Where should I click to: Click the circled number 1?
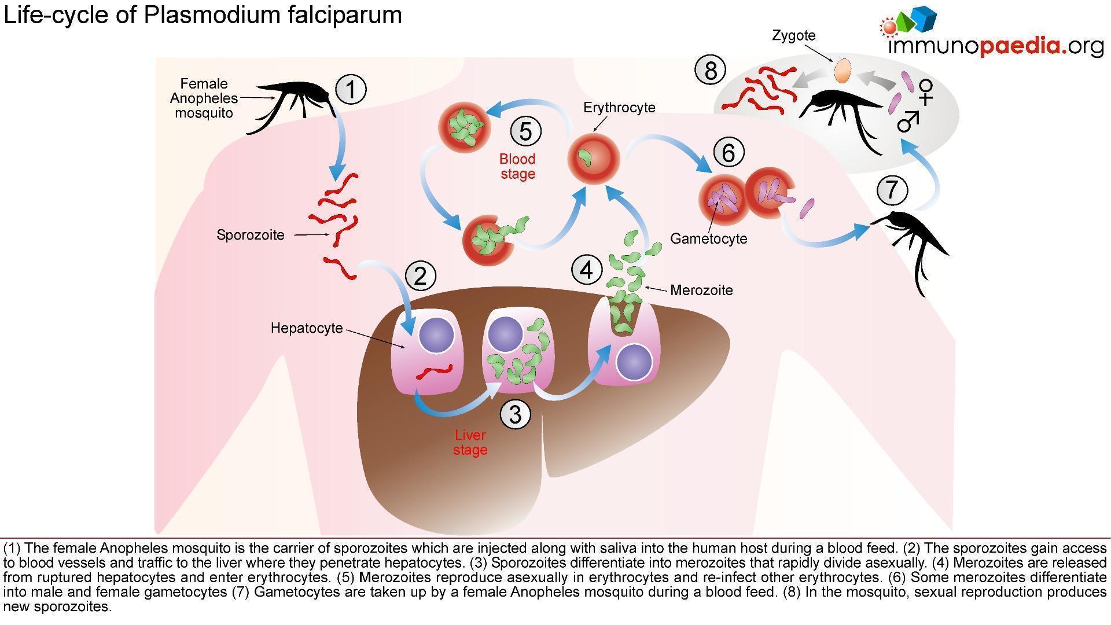(x=351, y=89)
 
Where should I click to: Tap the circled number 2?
(x=420, y=275)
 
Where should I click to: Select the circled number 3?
(x=515, y=414)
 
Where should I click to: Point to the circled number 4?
(x=587, y=270)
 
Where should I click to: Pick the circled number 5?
(x=525, y=131)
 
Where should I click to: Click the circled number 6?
(x=728, y=152)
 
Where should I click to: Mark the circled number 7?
(x=892, y=190)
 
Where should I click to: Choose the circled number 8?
(x=711, y=70)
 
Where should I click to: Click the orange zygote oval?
(x=843, y=71)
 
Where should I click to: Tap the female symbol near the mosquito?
(x=926, y=93)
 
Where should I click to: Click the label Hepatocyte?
(x=307, y=328)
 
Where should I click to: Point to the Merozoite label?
(x=701, y=290)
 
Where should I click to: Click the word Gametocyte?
(x=709, y=238)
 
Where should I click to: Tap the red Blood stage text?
(x=517, y=166)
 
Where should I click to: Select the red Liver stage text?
(x=470, y=442)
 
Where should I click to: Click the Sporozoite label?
(x=251, y=235)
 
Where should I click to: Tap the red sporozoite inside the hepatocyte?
(x=435, y=372)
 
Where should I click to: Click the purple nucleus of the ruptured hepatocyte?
(x=634, y=362)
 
